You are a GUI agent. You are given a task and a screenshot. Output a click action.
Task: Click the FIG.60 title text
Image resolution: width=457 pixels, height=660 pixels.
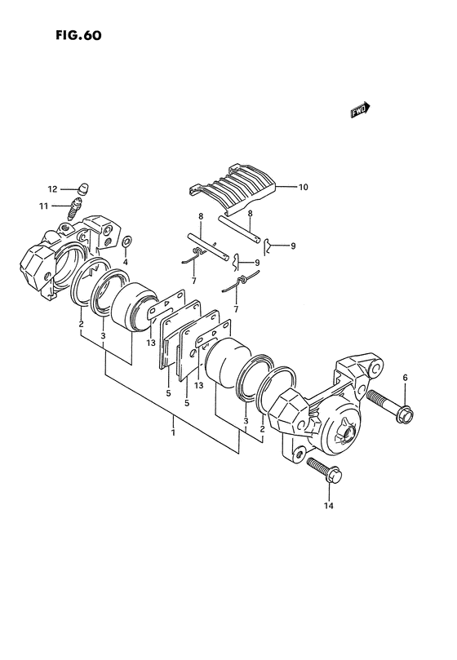79,35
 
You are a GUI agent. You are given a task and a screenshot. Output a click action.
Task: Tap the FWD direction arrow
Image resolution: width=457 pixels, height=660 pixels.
360,110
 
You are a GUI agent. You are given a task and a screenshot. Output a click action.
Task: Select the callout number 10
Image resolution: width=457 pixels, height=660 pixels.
304,187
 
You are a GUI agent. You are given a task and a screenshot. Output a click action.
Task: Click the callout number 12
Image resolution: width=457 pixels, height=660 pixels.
52,189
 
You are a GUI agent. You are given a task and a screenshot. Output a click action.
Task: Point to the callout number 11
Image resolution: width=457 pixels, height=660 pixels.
44,206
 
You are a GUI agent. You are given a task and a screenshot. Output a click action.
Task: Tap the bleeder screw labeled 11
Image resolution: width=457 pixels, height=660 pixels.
74,209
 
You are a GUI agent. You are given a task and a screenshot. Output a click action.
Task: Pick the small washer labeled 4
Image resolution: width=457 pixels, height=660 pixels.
126,241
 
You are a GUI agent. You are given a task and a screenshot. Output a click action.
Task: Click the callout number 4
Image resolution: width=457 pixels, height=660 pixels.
125,262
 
